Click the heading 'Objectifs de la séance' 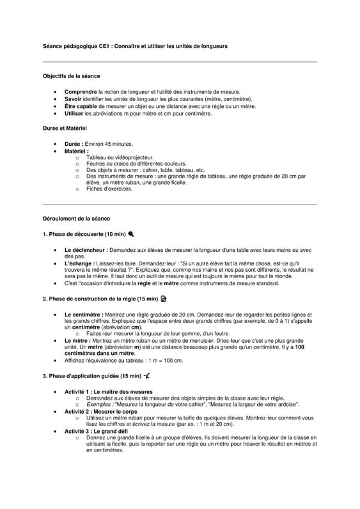71,76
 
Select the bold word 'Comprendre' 81,92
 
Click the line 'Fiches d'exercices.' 109,189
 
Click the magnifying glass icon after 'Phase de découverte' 131,234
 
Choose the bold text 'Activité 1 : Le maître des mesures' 109,391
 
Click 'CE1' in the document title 102,46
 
